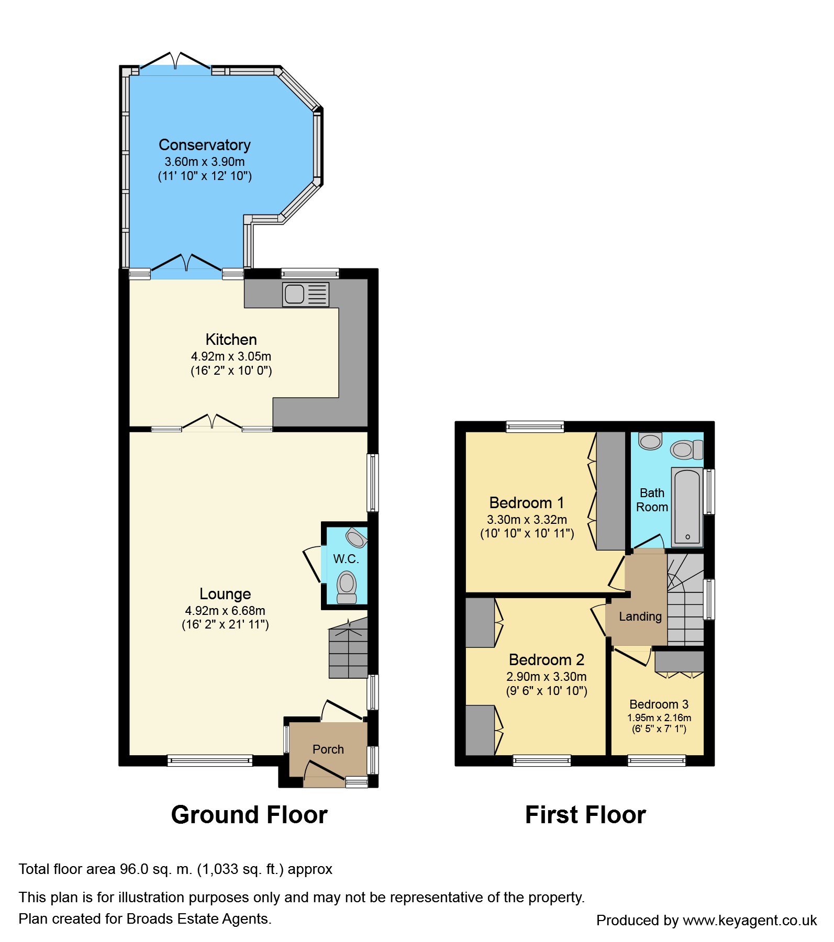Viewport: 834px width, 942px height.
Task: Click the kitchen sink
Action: pos(306,294)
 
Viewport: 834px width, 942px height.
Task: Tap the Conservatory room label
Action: pos(205,145)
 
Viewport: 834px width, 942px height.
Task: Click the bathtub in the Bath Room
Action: pos(686,507)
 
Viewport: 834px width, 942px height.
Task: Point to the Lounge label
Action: pos(225,594)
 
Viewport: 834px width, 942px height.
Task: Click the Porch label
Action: pos(328,749)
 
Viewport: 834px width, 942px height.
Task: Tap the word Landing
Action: pos(640,616)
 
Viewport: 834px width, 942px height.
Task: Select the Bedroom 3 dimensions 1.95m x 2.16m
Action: pos(659,718)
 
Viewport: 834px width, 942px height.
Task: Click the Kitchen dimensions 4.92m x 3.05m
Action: pos(231,356)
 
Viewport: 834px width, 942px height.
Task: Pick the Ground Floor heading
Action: pos(249,815)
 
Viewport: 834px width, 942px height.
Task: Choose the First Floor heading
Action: pos(585,815)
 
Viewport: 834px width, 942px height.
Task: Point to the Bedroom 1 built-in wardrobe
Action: pos(611,490)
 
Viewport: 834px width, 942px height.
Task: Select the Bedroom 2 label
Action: pos(547,659)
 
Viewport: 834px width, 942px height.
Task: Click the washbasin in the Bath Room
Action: pos(650,441)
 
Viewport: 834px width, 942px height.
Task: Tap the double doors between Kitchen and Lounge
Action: pos(212,423)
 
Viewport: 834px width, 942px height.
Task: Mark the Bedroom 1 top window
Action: pos(535,427)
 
